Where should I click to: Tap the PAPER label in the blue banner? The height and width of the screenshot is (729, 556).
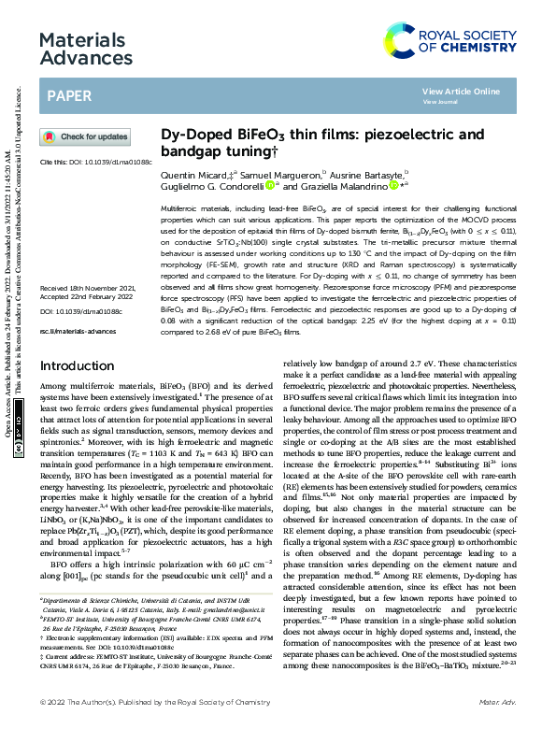(x=69, y=96)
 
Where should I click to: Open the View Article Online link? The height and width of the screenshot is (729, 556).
(x=461, y=92)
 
